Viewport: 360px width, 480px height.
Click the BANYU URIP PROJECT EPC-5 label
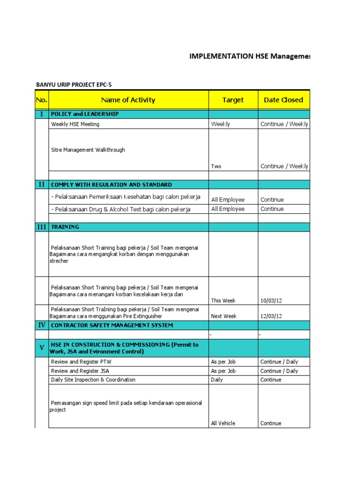pos(74,85)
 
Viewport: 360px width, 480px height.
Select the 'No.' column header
pos(42,100)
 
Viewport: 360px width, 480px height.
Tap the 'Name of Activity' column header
pos(128,100)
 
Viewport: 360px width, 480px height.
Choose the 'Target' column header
pos(233,100)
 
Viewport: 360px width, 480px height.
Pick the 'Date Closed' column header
pos(283,100)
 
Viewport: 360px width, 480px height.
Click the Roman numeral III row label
pos(42,227)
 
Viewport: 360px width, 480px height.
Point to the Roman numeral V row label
pos(42,348)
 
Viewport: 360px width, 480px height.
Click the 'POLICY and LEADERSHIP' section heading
pos(85,114)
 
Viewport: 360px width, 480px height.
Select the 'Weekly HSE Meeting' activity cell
pos(75,124)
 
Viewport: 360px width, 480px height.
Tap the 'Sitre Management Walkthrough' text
pos(88,150)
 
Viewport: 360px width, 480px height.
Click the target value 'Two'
pos(216,166)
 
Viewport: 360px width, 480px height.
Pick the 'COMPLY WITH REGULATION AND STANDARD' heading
pos(111,185)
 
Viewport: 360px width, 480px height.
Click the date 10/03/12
pos(271,301)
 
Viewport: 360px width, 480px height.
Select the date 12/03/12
pos(271,316)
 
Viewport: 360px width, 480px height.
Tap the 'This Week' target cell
pos(223,301)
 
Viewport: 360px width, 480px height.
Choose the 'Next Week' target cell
pos(224,316)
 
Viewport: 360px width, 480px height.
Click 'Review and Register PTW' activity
pos(81,362)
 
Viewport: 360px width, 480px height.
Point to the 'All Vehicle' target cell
pos(223,423)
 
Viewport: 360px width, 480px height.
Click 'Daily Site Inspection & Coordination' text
pos(93,380)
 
